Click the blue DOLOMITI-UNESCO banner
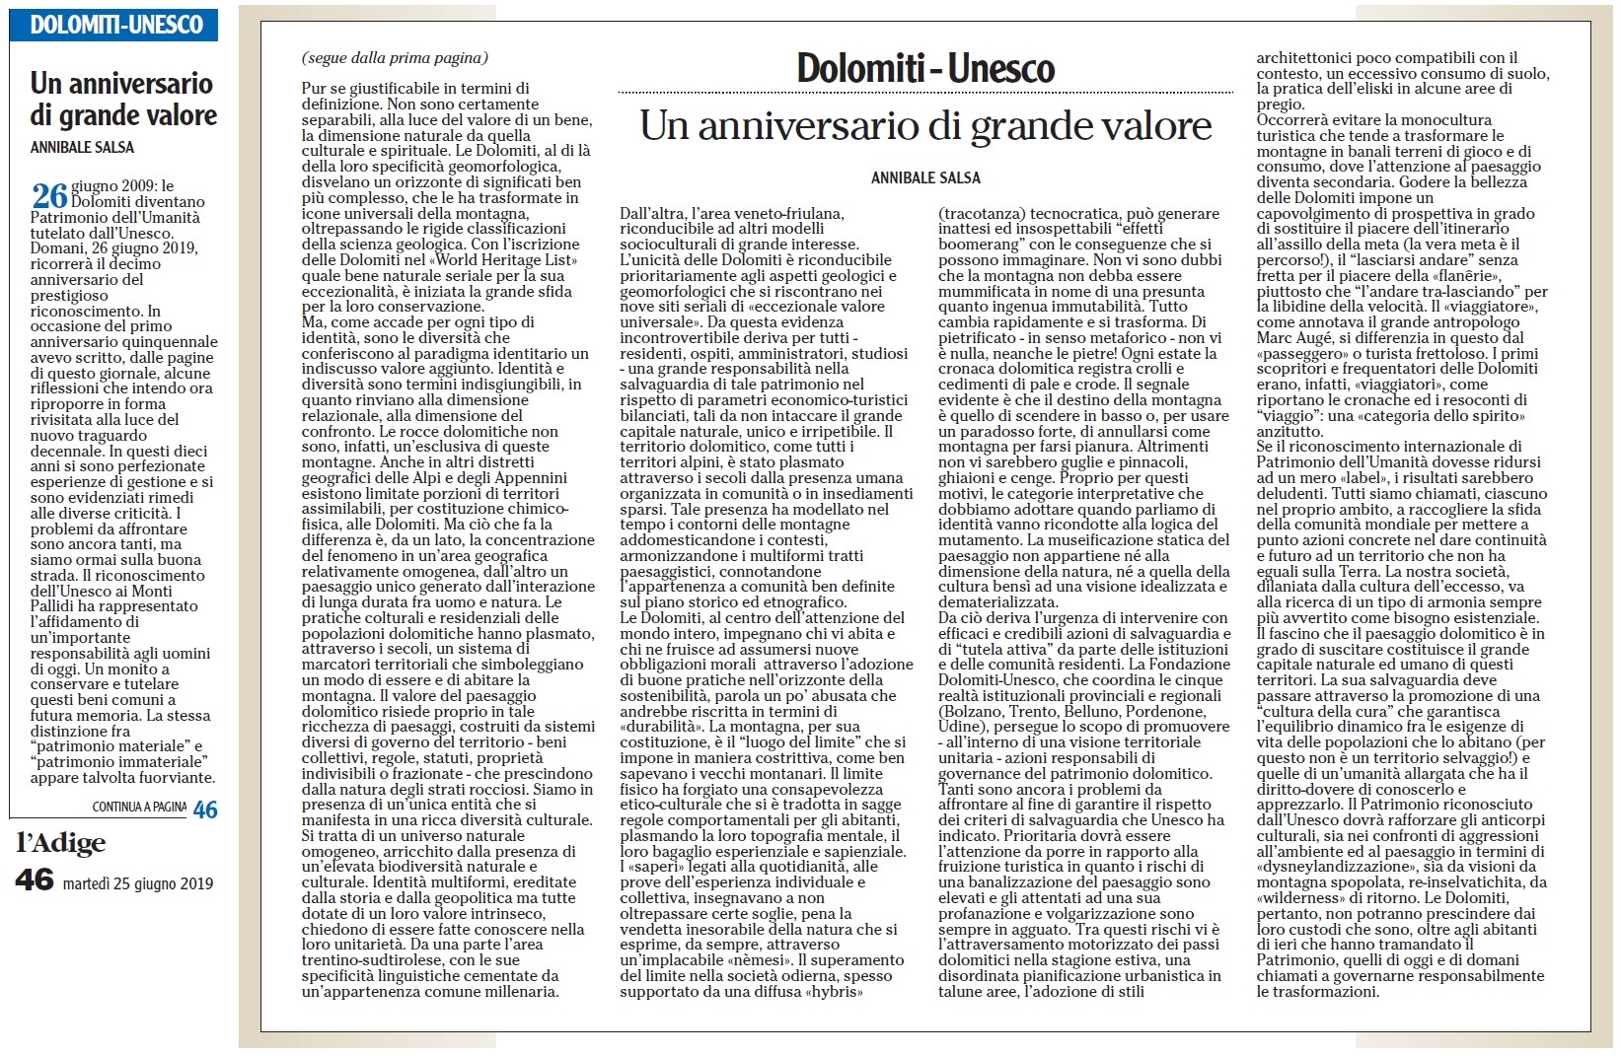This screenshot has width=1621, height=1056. [x=114, y=25]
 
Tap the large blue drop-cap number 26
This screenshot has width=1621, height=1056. [x=50, y=195]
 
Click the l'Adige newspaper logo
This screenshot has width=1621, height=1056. [x=61, y=843]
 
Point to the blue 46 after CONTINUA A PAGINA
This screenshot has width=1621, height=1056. [x=205, y=810]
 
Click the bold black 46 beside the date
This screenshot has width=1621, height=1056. [x=35, y=880]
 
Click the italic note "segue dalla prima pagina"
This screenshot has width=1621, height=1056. [x=395, y=58]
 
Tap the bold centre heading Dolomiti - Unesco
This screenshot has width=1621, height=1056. [x=925, y=68]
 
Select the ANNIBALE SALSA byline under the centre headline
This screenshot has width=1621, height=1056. [x=925, y=178]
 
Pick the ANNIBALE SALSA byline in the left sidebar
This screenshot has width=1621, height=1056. [x=82, y=148]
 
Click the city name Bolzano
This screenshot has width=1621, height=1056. [x=975, y=712]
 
